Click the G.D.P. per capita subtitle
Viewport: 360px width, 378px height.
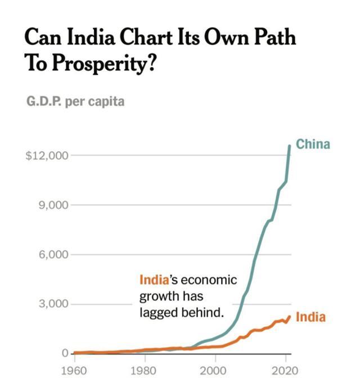pos(75,102)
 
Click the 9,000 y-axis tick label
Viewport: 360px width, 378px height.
pos(53,205)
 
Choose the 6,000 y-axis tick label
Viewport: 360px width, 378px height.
pos(53,254)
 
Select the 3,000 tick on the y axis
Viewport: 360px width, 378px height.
pos(53,304)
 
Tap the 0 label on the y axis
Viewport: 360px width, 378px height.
pos(65,353)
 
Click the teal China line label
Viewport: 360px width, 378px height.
pos(313,145)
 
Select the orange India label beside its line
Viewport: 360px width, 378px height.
pos(310,317)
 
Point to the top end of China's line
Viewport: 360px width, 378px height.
pos(290,146)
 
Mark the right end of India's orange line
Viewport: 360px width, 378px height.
pos(290,316)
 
